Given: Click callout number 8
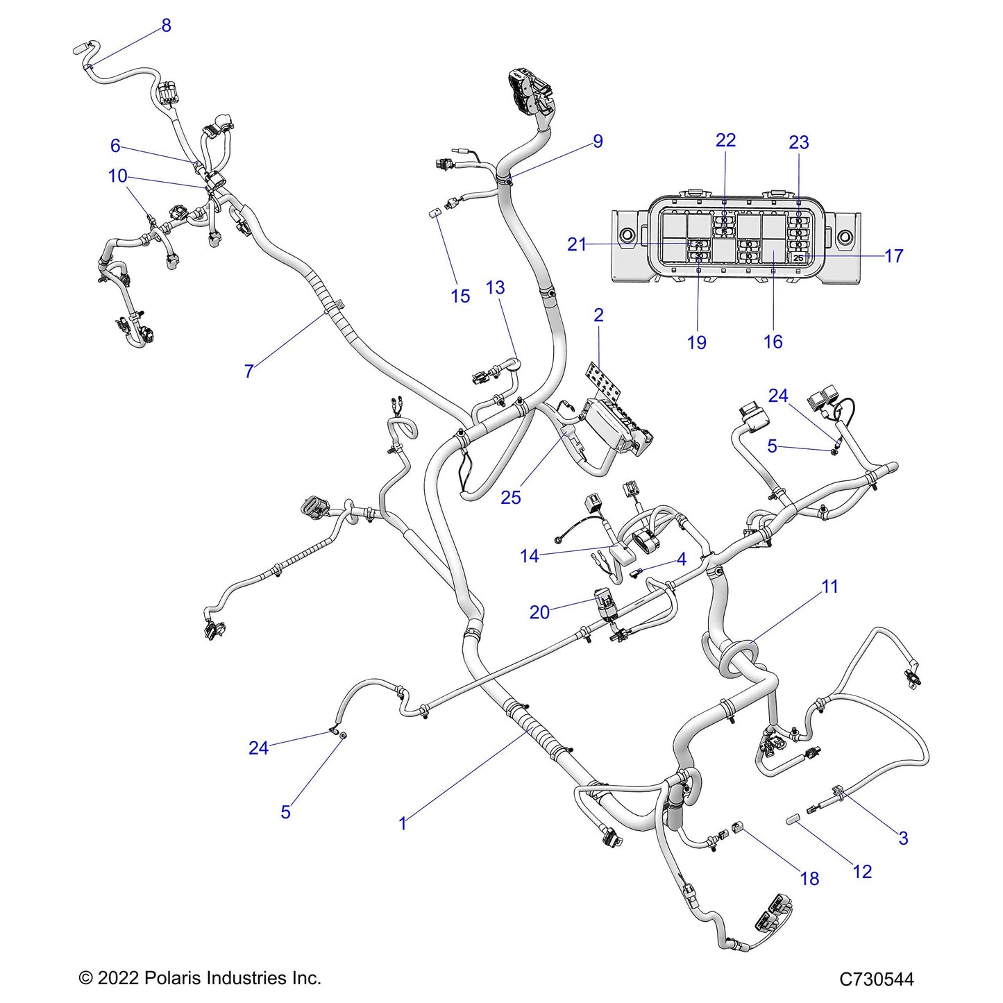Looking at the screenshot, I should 166,26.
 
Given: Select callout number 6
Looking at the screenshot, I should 115,146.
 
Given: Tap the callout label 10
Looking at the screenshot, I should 117,176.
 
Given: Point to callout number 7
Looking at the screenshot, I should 248,371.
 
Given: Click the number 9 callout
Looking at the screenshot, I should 598,142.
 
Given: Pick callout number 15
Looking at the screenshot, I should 460,296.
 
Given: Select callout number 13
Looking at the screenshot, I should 495,287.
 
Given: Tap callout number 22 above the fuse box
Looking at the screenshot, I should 725,140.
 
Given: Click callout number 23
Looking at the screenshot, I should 799,142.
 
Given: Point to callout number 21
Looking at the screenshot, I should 577,244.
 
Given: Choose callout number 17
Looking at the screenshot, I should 894,256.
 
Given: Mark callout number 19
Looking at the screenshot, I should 696,342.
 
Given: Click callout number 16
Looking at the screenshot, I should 773,342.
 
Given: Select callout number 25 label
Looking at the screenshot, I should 511,497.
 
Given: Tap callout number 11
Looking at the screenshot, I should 829,587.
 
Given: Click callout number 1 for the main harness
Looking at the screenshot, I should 403,823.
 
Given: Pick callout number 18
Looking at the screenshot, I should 809,878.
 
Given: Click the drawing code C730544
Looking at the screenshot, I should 876,979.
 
